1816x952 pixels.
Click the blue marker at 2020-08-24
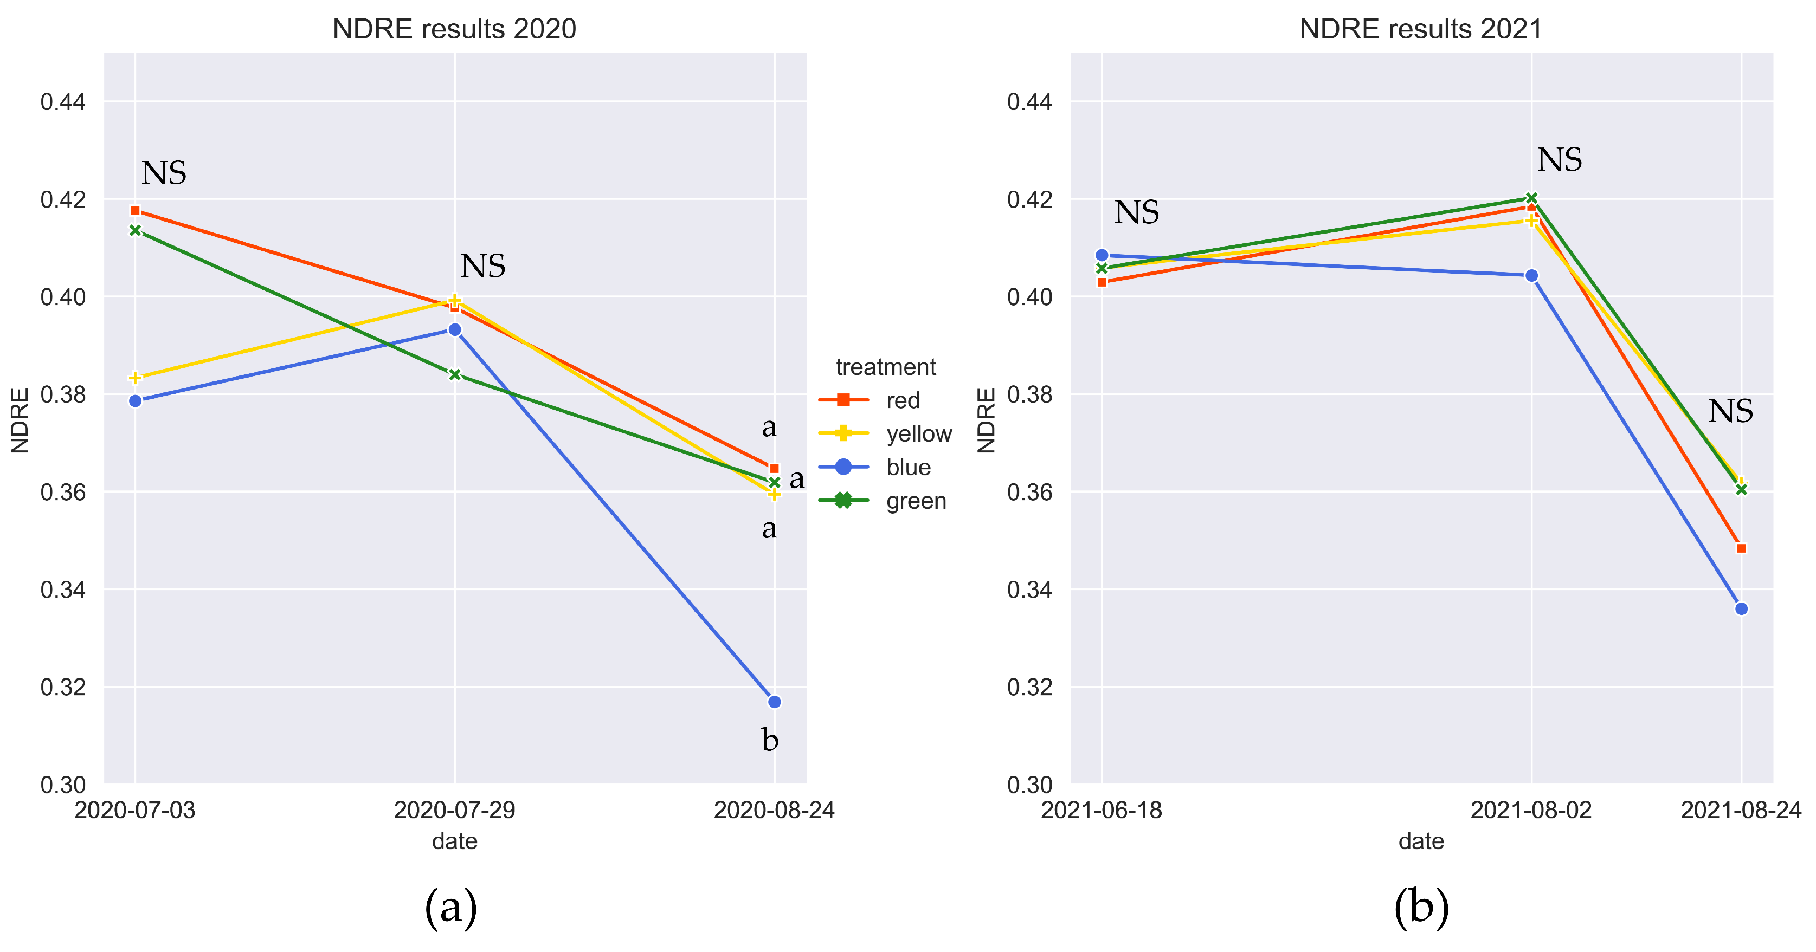(774, 702)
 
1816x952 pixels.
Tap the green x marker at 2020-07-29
(455, 374)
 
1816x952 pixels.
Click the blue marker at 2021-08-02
(1531, 276)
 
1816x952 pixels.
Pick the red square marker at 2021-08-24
(1741, 548)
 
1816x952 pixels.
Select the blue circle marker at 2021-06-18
(1102, 255)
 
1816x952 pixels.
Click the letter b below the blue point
(770, 741)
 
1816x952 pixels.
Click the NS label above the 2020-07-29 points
(483, 267)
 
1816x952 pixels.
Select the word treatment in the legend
(885, 367)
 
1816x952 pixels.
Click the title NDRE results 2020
(454, 29)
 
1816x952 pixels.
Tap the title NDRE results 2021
(1420, 29)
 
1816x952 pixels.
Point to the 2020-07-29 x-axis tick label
(454, 811)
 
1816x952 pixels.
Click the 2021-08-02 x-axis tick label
(1531, 811)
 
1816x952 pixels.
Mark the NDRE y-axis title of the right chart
(986, 420)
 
